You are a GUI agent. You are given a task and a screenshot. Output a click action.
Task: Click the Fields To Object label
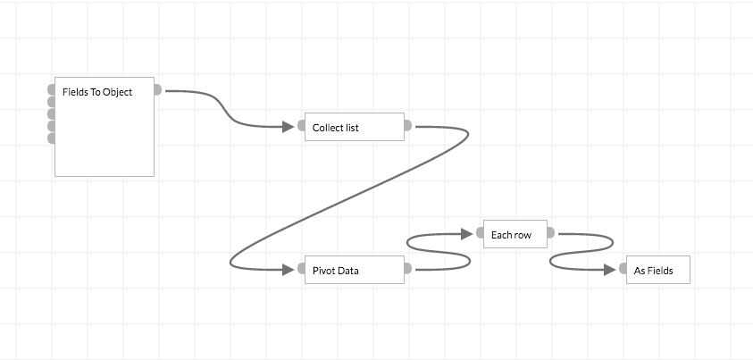coord(97,92)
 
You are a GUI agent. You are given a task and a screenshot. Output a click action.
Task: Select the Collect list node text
coord(335,128)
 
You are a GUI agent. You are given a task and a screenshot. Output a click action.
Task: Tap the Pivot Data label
coord(335,271)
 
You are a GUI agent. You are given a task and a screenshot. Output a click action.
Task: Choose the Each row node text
coord(511,235)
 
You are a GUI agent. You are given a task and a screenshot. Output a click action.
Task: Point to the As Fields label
coord(653,271)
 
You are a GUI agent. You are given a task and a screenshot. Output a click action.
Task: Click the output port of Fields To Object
coord(157,89)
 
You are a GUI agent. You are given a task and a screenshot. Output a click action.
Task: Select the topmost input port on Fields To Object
coord(51,89)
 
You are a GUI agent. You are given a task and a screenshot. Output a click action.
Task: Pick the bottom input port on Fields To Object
coord(51,138)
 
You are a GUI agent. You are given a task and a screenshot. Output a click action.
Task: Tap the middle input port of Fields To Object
coord(51,113)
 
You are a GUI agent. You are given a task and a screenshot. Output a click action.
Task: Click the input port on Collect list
coord(301,126)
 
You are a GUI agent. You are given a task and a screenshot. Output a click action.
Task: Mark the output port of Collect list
coord(407,126)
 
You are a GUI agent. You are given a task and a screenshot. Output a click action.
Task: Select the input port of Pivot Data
coord(301,269)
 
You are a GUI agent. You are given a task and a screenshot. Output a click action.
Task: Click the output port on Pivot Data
coord(407,269)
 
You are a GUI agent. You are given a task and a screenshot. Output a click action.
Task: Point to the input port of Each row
coord(480,233)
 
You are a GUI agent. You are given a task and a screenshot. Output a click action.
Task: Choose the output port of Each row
coord(550,233)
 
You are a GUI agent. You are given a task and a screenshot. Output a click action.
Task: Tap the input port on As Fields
coord(623,269)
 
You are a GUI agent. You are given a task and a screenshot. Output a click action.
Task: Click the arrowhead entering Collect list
coord(288,126)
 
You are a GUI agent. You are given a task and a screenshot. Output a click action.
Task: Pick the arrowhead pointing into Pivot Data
coord(288,269)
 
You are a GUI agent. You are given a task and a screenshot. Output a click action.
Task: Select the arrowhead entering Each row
coord(465,233)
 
